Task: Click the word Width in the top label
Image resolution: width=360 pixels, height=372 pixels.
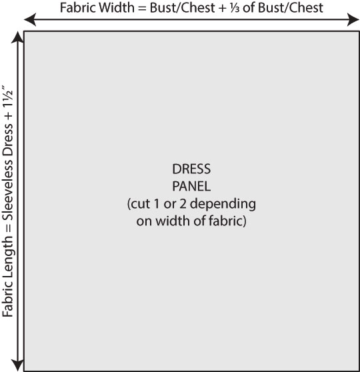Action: coord(117,7)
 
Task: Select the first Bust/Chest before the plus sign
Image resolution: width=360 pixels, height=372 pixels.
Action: coord(182,8)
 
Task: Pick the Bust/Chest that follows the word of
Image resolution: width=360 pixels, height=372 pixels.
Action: coord(290,8)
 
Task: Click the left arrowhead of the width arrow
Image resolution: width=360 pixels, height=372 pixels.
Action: coord(30,19)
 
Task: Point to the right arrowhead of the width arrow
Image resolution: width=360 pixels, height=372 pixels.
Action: coord(353,19)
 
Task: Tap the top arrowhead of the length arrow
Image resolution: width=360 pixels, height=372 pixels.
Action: coord(17,37)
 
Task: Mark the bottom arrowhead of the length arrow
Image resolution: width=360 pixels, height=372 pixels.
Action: coord(17,365)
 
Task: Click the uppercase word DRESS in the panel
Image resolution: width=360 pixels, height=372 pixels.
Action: coord(191,169)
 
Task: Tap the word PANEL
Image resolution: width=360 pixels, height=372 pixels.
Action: coord(191,186)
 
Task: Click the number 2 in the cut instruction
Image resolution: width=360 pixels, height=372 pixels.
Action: coord(183,204)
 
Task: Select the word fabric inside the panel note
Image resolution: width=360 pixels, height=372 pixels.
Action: coord(226,221)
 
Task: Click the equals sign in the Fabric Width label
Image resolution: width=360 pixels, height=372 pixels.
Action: coord(142,8)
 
